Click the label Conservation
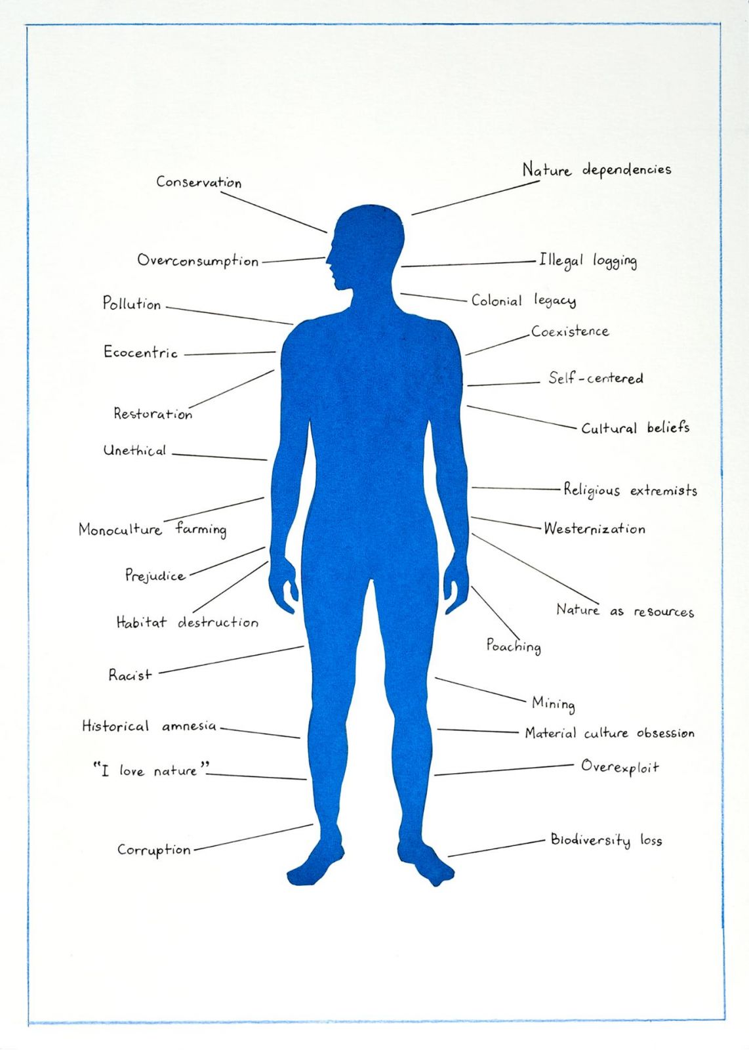tap(199, 182)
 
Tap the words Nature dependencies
tap(597, 170)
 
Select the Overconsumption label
tap(197, 261)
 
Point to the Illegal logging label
tap(588, 261)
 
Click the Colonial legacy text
tap(523, 301)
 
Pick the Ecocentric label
tap(140, 352)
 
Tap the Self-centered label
tap(596, 378)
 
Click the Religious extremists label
tap(630, 490)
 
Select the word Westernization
tap(594, 529)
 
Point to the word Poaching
tap(514, 646)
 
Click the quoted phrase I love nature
tap(150, 770)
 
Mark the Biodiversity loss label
tap(606, 839)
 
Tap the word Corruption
tap(154, 849)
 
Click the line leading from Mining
tap(480, 690)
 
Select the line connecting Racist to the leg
tap(232, 660)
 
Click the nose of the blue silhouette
tap(328, 259)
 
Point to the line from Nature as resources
tap(535, 568)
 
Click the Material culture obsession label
tap(609, 733)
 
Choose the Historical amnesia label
tap(150, 726)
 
